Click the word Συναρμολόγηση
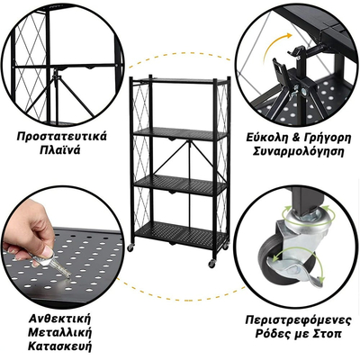[300, 154]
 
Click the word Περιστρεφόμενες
[300, 317]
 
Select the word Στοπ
[334, 332]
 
